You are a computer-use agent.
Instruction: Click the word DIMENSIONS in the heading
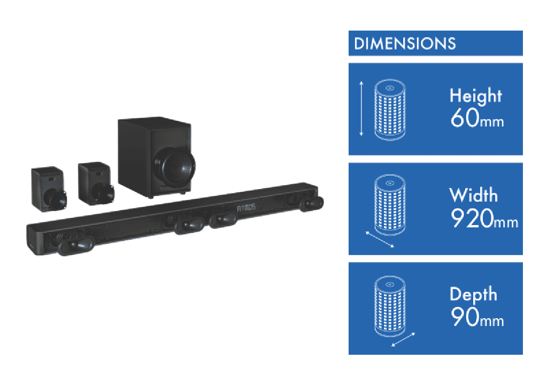tap(405, 44)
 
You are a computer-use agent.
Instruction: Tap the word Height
tap(475, 96)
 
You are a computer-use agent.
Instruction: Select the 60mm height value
tap(476, 118)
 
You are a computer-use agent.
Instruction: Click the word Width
tap(473, 195)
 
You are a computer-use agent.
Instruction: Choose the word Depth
tap(473, 294)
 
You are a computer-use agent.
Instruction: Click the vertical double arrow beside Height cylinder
tap(361, 109)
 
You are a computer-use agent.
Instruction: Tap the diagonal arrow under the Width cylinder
tap(380, 239)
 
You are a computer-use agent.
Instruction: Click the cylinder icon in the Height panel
tap(389, 109)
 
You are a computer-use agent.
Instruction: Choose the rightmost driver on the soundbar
tap(312, 203)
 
